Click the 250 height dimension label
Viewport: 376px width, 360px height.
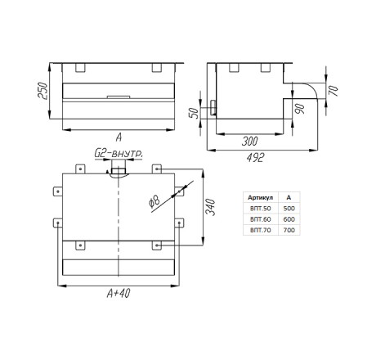coord(43,91)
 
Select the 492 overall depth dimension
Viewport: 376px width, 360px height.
coord(255,158)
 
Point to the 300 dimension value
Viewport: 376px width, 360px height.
coord(249,142)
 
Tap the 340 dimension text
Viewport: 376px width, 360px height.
coord(210,207)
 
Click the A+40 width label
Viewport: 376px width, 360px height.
coord(119,293)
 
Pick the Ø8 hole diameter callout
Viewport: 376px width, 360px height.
coord(154,201)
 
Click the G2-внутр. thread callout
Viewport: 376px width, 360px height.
coord(119,154)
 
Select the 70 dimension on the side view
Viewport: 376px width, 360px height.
coord(333,91)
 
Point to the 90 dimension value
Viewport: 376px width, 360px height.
coord(300,109)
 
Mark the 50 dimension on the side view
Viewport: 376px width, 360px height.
coord(194,112)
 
